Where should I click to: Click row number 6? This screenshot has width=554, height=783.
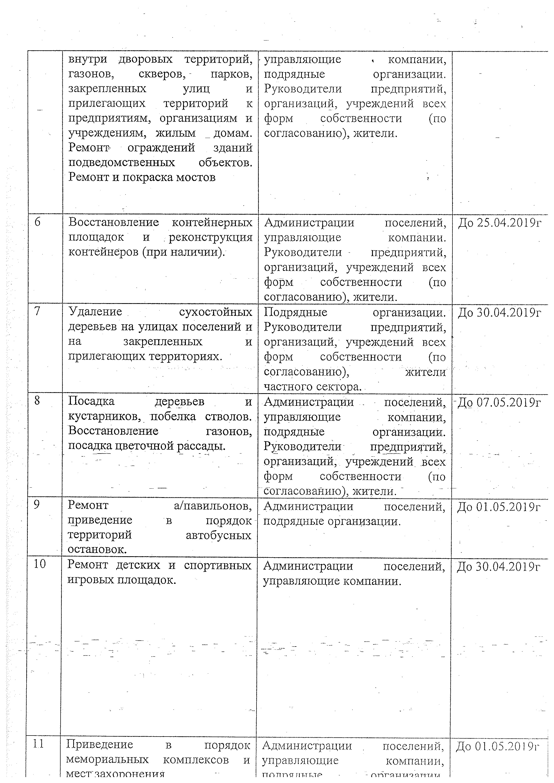tap(38, 222)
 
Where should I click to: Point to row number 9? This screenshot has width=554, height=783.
tap(37, 504)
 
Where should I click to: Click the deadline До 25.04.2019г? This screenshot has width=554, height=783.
tap(499, 223)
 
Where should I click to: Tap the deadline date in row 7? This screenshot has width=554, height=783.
tap(499, 312)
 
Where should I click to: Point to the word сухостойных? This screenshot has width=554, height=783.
tap(216, 312)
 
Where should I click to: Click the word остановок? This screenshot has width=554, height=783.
tap(97, 549)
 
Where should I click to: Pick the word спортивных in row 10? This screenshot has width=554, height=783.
tap(218, 565)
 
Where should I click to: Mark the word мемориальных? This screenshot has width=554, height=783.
tap(107, 760)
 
